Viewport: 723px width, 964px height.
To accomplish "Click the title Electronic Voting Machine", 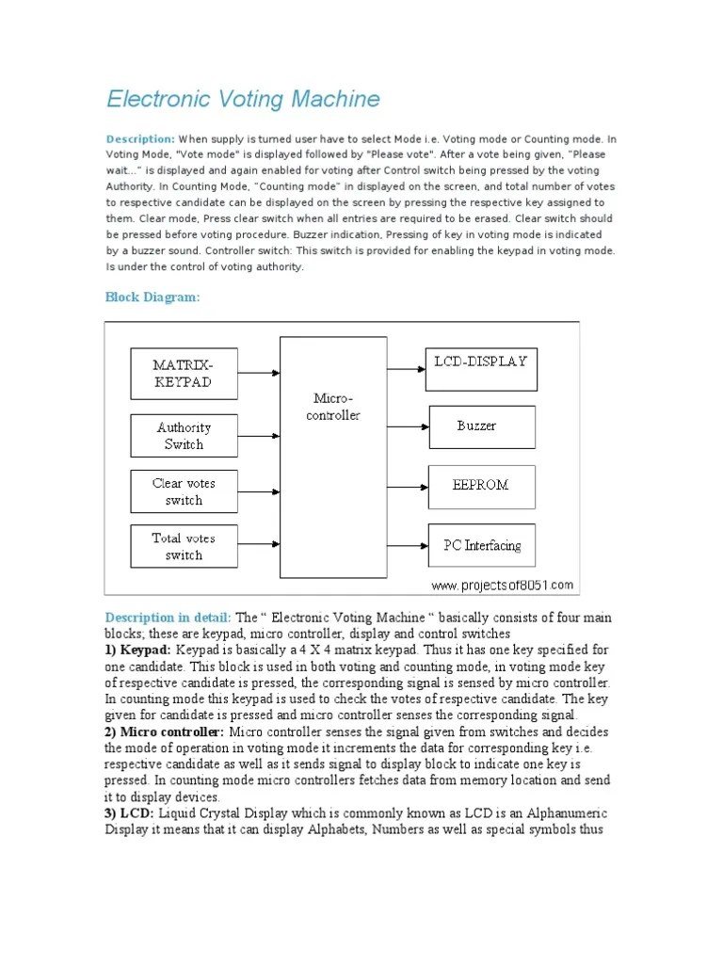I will tap(243, 99).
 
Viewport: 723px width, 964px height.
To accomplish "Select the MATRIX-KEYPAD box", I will tap(183, 373).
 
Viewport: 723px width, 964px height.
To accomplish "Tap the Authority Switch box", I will tap(184, 436).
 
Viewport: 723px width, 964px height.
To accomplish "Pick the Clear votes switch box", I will tap(184, 491).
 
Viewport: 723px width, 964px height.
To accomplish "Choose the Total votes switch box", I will tap(184, 547).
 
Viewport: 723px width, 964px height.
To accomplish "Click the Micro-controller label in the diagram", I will tap(333, 407).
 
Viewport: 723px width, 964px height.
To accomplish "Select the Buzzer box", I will tap(481, 426).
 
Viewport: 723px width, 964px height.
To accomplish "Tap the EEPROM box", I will tap(481, 486).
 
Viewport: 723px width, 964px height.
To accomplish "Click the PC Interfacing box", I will tap(481, 545).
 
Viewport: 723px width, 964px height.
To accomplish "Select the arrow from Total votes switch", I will tap(259, 543).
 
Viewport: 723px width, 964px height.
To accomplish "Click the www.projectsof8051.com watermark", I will tap(503, 585).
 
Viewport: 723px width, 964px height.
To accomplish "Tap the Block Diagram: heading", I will tap(152, 297).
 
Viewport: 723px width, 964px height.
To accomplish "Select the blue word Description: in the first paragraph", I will tap(140, 138).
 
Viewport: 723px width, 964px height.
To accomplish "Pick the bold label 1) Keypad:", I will tap(138, 650).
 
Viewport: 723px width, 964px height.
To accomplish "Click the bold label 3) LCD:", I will tap(130, 812).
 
